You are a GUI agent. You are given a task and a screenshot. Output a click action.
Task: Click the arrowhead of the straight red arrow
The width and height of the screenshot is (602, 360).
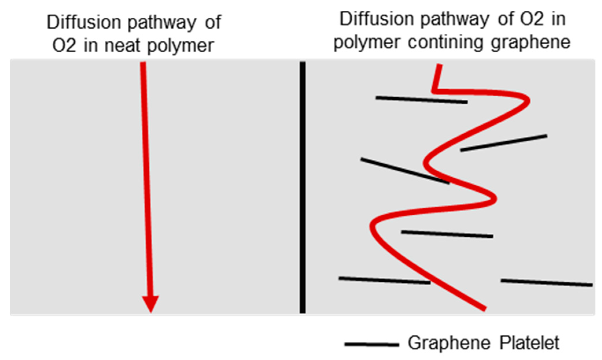pos(151,303)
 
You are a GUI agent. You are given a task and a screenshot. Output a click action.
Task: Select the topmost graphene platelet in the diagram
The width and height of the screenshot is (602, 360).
pos(421,100)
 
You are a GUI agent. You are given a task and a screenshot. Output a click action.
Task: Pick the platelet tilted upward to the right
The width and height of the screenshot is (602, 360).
pos(503,143)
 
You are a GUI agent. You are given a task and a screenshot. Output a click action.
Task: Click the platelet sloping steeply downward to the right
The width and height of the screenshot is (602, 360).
pos(405,171)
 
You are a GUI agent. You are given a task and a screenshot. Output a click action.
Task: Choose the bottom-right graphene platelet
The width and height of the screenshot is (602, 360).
pos(546,283)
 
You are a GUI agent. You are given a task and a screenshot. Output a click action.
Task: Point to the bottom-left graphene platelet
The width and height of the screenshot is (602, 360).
pos(385,281)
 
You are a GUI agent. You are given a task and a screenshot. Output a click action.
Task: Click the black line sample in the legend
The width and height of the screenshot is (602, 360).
pos(372,344)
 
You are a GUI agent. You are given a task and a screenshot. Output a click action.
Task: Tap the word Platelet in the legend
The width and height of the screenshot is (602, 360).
pos(529,343)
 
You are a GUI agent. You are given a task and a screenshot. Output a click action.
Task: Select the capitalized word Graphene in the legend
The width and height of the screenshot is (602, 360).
pos(449,343)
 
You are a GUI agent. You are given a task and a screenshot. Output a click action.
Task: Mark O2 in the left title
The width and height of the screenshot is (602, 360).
pos(64,46)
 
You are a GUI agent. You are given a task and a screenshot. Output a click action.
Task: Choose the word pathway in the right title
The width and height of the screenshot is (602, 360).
pos(455,20)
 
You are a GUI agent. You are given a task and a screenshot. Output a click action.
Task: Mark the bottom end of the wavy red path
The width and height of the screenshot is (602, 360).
pos(485,309)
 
